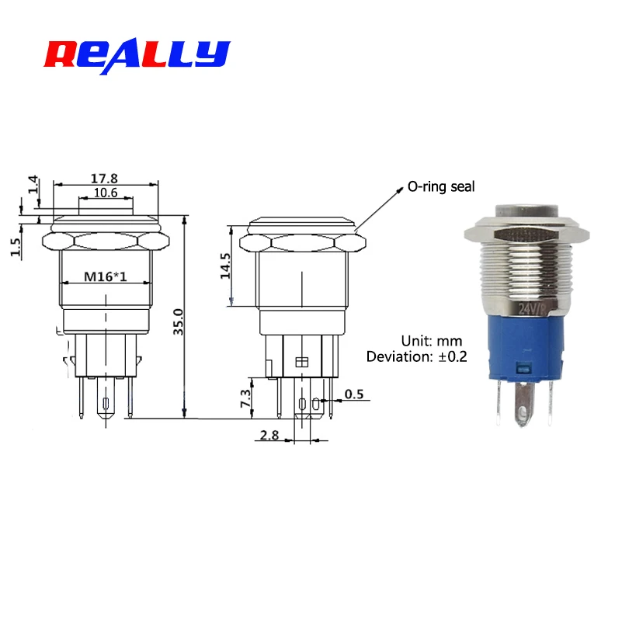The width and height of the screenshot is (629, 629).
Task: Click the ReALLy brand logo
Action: [x=137, y=57]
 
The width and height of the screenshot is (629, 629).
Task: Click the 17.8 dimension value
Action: [x=104, y=179]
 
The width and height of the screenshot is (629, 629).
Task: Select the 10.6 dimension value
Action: [x=106, y=193]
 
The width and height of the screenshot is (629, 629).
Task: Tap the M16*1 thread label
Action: [x=105, y=276]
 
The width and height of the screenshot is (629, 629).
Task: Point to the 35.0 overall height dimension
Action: [x=178, y=321]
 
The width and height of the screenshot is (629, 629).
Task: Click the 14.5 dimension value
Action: [x=225, y=266]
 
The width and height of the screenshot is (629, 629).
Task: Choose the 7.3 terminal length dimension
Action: [x=245, y=398]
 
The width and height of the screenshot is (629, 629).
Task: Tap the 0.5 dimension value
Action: [x=354, y=394]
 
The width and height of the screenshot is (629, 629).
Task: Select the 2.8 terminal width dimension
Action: [x=269, y=435]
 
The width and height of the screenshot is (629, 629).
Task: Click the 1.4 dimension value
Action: [x=33, y=185]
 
